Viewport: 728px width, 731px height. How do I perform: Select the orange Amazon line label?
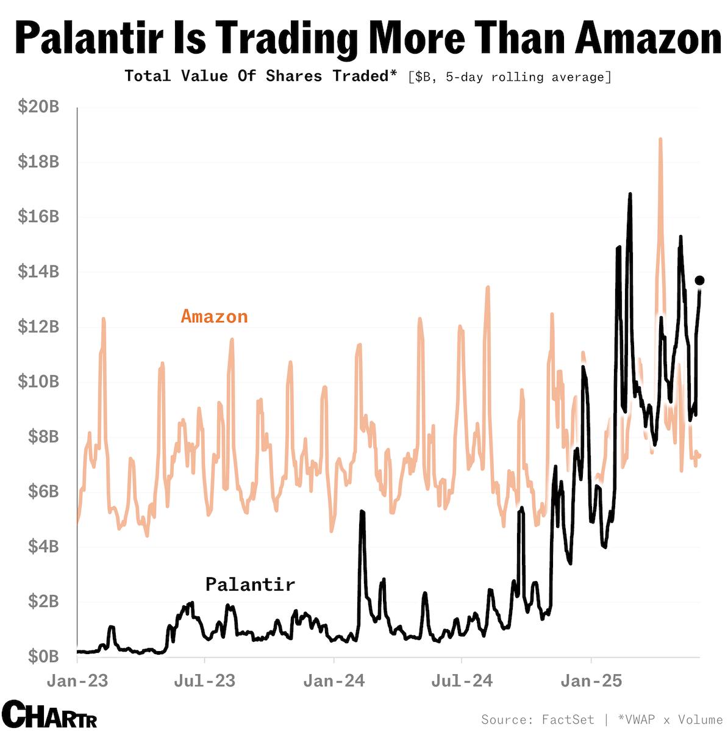click(214, 316)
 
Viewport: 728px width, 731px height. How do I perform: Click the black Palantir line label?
click(250, 584)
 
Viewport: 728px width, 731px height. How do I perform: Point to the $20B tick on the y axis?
click(38, 107)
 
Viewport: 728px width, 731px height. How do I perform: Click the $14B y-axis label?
click(38, 272)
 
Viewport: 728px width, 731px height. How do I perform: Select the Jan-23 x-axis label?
click(77, 680)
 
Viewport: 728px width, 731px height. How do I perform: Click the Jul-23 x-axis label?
click(205, 680)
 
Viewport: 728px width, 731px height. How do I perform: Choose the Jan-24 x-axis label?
click(334, 680)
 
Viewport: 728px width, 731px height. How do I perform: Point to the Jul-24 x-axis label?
click(462, 680)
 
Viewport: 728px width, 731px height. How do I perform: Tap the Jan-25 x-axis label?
click(591, 680)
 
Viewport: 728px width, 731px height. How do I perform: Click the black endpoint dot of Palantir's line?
click(700, 280)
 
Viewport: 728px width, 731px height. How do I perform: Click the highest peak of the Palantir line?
click(630, 195)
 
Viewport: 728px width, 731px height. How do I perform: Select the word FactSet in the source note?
click(567, 719)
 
